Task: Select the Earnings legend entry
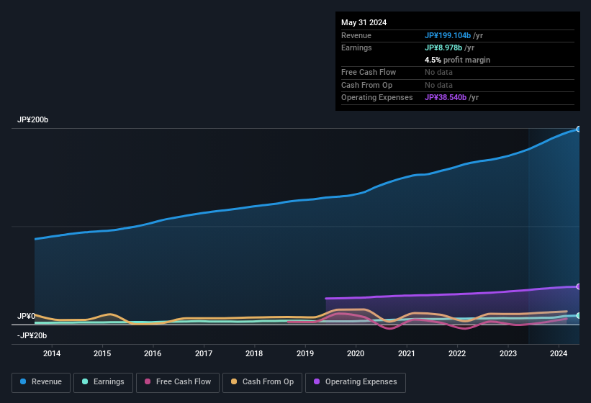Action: [102, 382]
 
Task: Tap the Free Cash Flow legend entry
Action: [178, 382]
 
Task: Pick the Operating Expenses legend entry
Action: [356, 382]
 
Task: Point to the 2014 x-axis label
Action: [52, 353]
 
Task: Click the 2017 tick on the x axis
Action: [204, 353]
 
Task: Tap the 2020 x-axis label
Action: [356, 353]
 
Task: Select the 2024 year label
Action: [558, 353]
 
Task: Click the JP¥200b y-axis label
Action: [33, 120]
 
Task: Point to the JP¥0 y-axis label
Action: [27, 317]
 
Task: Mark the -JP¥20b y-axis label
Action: [32, 335]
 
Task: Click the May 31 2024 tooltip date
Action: [364, 22]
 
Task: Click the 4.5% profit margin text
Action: [457, 60]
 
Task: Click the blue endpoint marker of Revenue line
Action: [579, 129]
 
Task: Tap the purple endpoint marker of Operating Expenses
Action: [579, 286]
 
